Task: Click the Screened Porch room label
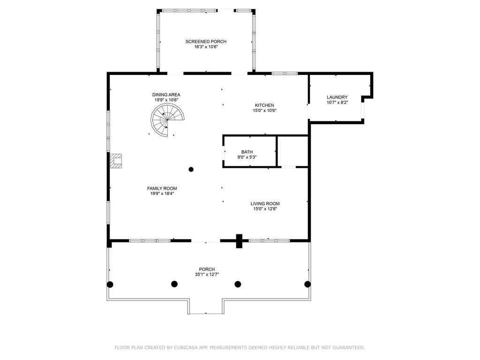[206, 41]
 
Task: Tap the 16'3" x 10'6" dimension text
[206, 47]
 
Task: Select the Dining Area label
[166, 95]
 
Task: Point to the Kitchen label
[264, 105]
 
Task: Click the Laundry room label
[337, 97]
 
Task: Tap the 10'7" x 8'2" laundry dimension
[337, 103]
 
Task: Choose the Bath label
[247, 152]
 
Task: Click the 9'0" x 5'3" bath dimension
[247, 157]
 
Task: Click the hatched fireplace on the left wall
[116, 161]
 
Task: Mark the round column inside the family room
[191, 169]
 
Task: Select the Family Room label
[162, 188]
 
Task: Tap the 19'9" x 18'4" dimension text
[162, 194]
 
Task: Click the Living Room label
[265, 203]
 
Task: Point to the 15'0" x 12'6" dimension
[265, 209]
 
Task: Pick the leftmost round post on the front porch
[110, 285]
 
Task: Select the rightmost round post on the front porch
[307, 284]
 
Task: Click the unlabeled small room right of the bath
[292, 151]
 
